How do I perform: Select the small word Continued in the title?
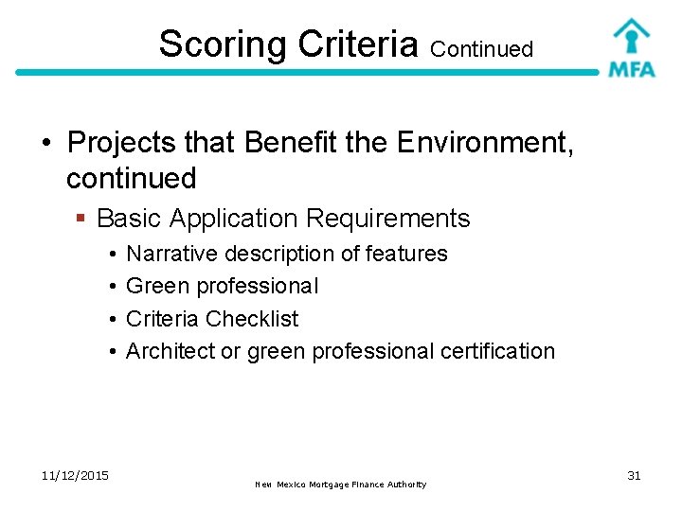point(481,48)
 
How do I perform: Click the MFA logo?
point(631,48)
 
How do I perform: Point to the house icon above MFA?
point(631,34)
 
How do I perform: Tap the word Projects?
point(122,143)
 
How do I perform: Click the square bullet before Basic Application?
point(82,220)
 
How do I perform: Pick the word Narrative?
point(171,254)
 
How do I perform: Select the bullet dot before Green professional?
point(112,286)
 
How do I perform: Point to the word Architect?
point(170,350)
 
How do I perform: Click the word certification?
point(497,350)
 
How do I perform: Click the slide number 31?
point(634,475)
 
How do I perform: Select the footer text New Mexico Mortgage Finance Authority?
point(340,485)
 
